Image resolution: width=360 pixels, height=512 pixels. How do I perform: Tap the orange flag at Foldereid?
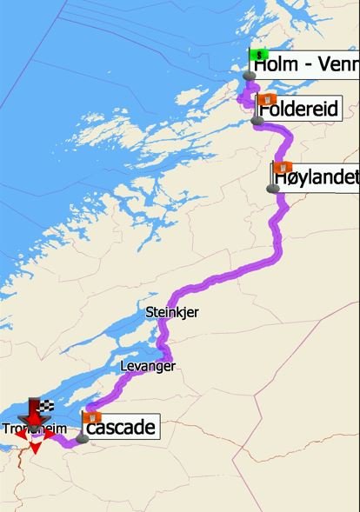(268, 98)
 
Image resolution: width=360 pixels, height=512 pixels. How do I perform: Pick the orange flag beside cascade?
(90, 418)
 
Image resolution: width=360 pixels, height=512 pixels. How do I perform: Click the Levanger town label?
(146, 367)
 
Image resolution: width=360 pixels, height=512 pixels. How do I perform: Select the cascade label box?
(121, 427)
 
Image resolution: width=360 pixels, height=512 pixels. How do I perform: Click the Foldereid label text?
(298, 111)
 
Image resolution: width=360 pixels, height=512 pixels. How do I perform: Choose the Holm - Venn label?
(304, 63)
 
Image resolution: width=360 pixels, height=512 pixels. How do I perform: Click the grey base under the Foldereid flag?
(257, 121)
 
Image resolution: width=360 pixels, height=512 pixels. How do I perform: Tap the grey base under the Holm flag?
(250, 76)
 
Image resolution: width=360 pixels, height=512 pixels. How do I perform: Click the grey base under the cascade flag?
(83, 439)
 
